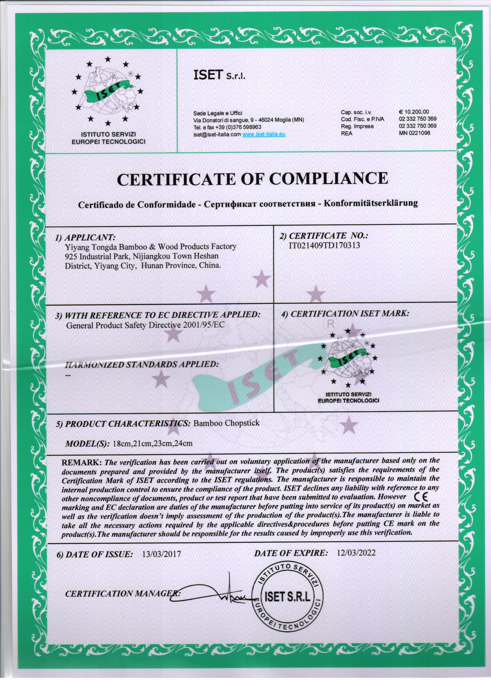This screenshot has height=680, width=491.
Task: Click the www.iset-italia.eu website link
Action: click(264, 134)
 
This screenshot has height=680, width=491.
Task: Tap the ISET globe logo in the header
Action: click(108, 92)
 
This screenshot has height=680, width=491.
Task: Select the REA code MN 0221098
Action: click(414, 133)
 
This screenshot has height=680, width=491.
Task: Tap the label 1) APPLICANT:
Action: click(85, 238)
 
